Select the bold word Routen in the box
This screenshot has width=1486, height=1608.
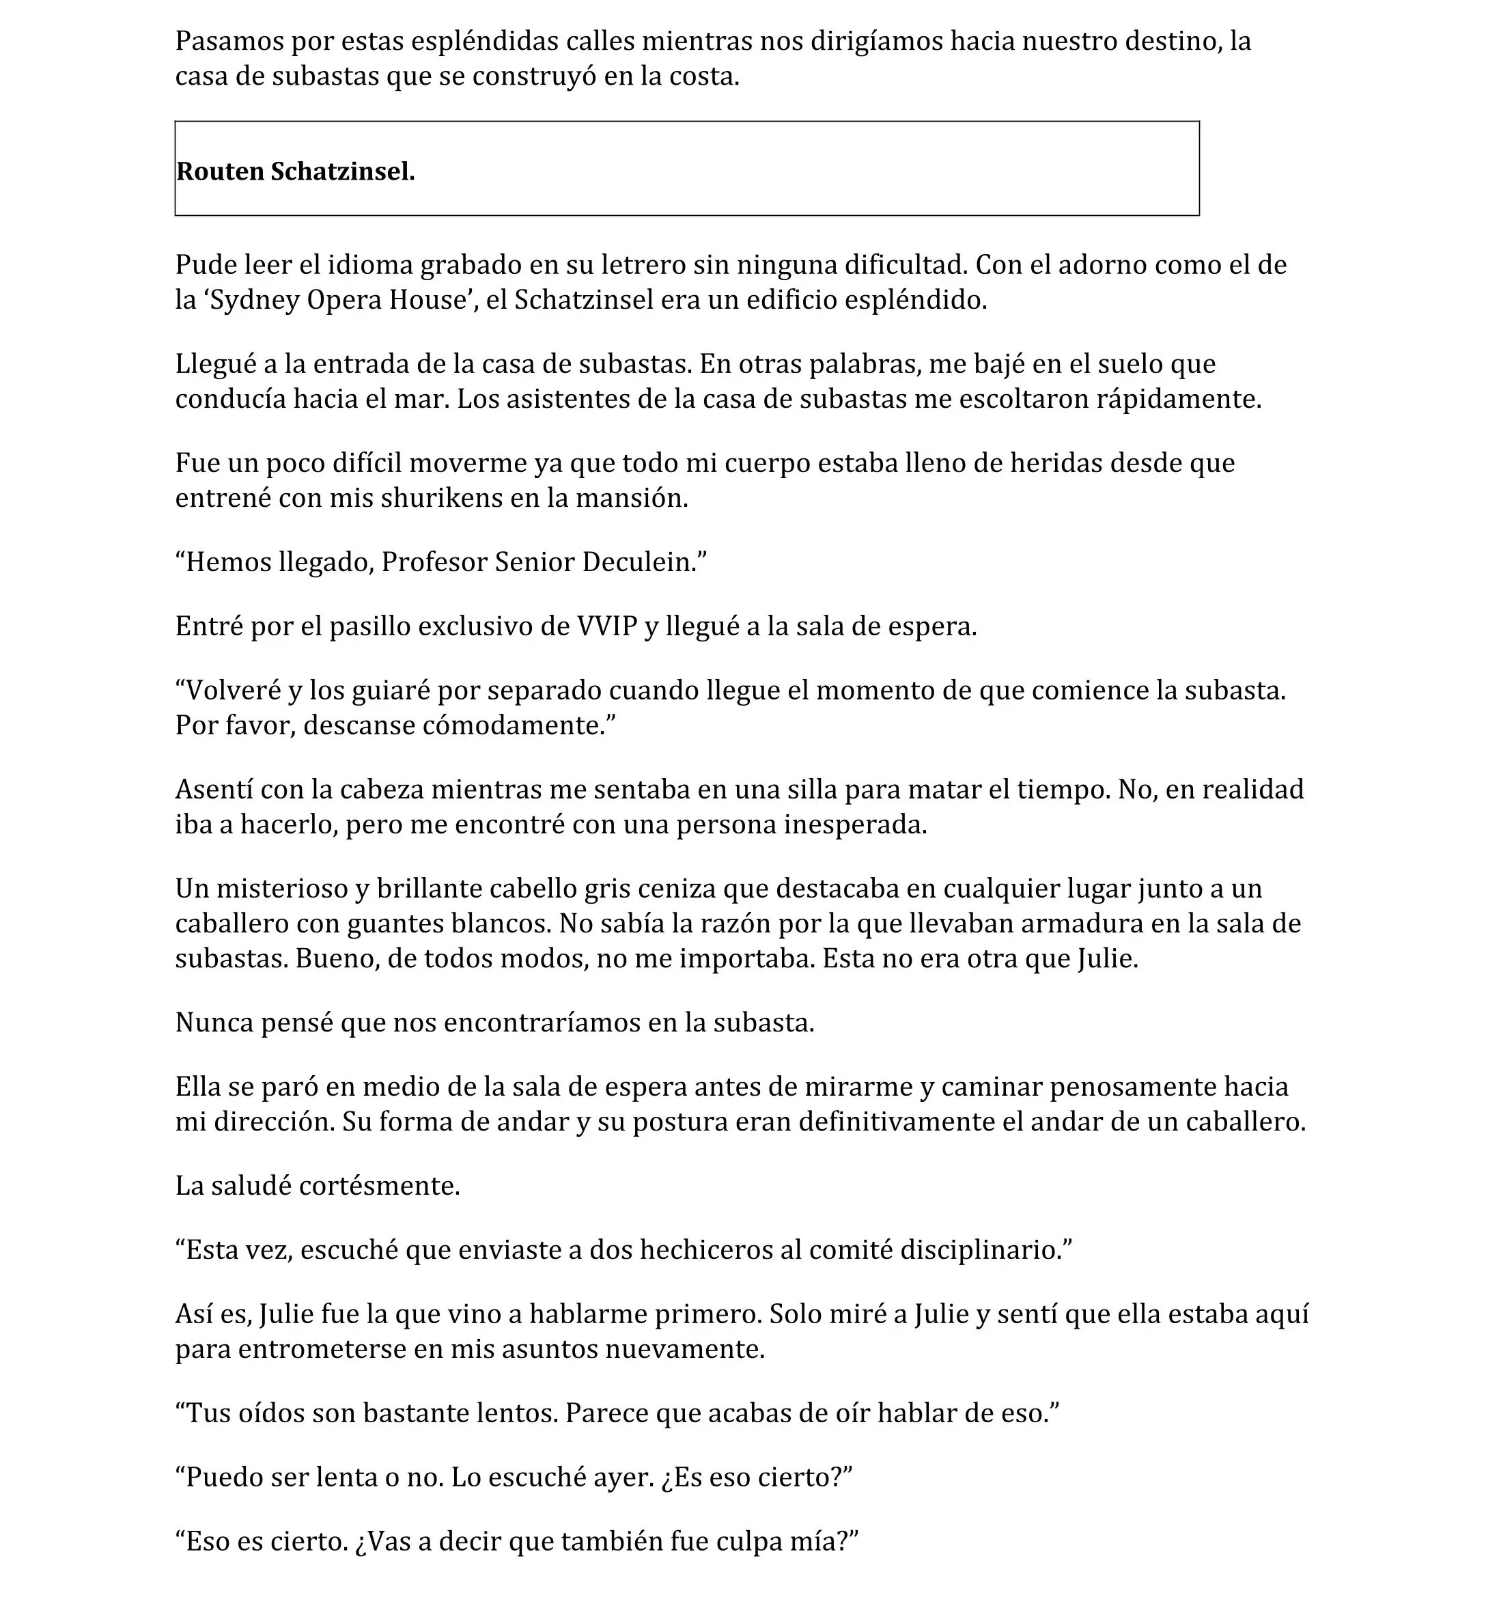pyautogui.click(x=219, y=171)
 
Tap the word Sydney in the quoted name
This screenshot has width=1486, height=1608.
pyautogui.click(x=254, y=300)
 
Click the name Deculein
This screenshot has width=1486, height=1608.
pyautogui.click(x=643, y=562)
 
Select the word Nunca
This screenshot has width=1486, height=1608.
pyautogui.click(x=214, y=1023)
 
